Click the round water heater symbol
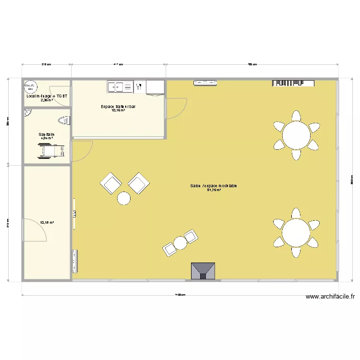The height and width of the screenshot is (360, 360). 30,86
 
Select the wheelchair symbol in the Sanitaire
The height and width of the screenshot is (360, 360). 52,151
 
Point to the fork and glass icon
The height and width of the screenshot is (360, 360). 139,87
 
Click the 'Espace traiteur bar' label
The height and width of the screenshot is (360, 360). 118,106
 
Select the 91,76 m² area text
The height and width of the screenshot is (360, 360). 214,190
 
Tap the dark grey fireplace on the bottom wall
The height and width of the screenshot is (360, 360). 203,271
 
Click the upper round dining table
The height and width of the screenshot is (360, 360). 296,135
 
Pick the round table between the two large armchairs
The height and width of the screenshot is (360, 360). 124,198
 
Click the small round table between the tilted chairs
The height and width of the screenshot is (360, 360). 180,243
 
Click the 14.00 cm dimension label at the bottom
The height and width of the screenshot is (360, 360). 180,295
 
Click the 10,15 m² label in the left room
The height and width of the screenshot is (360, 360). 47,222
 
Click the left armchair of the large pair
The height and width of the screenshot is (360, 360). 111,183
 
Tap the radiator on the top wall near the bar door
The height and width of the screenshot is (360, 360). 205,83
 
